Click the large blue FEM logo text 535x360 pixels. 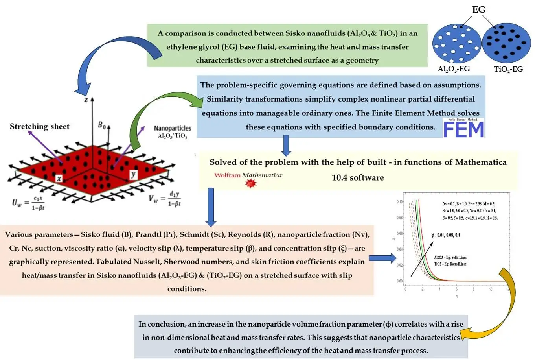coord(463,129)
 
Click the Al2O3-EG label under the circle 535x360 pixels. coord(454,69)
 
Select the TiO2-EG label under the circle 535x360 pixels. coord(508,69)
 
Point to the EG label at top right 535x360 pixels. coord(478,9)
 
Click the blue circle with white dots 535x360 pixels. coord(457,42)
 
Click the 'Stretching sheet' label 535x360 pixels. coord(39,127)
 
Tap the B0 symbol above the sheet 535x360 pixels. coord(102,125)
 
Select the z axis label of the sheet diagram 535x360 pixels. coord(86,100)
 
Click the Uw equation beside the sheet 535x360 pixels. coord(28,203)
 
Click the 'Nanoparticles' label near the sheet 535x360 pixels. coord(172,128)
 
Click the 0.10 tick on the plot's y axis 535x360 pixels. coord(400,202)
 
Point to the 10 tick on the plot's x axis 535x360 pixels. coord(491,289)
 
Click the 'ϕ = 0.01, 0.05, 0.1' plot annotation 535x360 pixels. coord(445,235)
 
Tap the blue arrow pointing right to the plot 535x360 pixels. coord(382,258)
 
